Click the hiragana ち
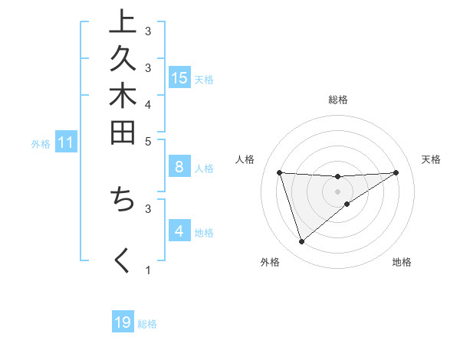click(122, 198)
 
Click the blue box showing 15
click(179, 77)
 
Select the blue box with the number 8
click(179, 167)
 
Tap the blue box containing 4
click(179, 231)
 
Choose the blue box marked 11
click(66, 142)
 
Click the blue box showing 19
click(123, 322)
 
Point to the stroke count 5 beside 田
click(148, 141)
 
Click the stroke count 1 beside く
click(148, 270)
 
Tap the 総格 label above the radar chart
click(338, 100)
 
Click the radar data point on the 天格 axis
click(396, 172)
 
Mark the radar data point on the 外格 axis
click(302, 242)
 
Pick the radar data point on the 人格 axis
click(280, 172)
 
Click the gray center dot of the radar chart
click(338, 191)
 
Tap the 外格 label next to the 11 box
click(41, 143)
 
